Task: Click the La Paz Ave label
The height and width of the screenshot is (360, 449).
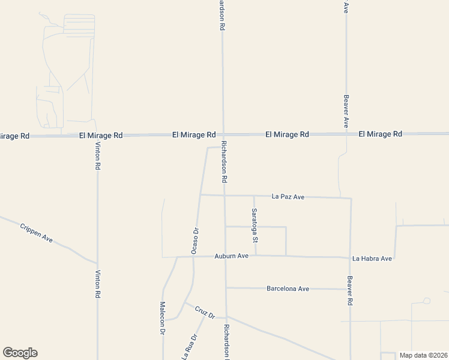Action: (x=289, y=196)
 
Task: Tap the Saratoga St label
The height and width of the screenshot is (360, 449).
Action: (x=255, y=225)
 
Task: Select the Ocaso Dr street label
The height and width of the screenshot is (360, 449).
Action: (x=194, y=240)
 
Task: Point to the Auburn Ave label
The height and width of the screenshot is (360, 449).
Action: (x=232, y=256)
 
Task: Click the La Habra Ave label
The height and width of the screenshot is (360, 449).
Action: (x=372, y=259)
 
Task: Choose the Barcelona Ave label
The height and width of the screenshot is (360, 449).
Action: (x=288, y=289)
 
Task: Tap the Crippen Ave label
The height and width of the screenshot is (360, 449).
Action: (x=37, y=233)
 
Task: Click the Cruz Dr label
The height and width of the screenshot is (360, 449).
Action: (x=204, y=312)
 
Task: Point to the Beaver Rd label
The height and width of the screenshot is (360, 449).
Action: (x=349, y=291)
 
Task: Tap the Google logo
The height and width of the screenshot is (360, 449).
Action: (x=20, y=353)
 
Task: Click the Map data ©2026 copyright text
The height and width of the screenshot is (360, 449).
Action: (x=423, y=355)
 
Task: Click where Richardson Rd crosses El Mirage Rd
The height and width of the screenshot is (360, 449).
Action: (x=223, y=134)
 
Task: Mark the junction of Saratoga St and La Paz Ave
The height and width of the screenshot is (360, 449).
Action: (x=254, y=196)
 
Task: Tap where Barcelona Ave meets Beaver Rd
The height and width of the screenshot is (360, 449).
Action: (x=350, y=289)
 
